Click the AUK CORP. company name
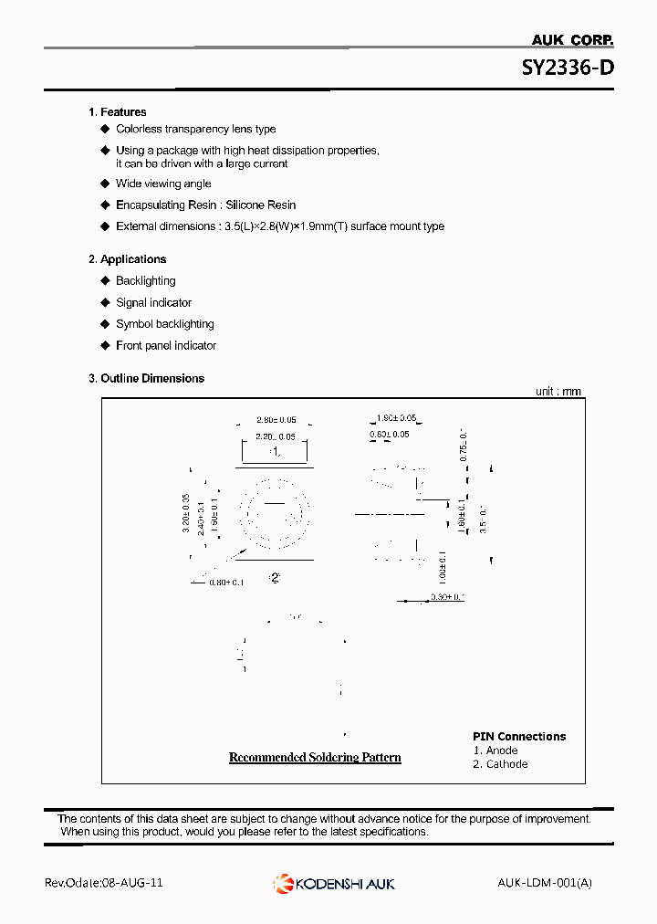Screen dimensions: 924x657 572,39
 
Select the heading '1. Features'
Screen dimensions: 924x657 117,112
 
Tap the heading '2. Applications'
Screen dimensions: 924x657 127,259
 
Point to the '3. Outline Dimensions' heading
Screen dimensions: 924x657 146,378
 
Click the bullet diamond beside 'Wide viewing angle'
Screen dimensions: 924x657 105,184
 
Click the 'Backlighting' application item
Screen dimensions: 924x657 145,281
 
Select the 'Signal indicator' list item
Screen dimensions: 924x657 153,303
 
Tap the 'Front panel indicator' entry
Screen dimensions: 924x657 166,346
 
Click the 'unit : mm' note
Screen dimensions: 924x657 558,392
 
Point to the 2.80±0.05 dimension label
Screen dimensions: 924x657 276,420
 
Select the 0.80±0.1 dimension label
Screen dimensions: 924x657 227,583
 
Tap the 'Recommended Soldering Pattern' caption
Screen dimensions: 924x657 314,758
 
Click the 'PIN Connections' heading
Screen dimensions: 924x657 518,737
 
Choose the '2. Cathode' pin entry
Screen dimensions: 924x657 500,764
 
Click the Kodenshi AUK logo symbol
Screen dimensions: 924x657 282,883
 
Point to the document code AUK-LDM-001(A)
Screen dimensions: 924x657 545,883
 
